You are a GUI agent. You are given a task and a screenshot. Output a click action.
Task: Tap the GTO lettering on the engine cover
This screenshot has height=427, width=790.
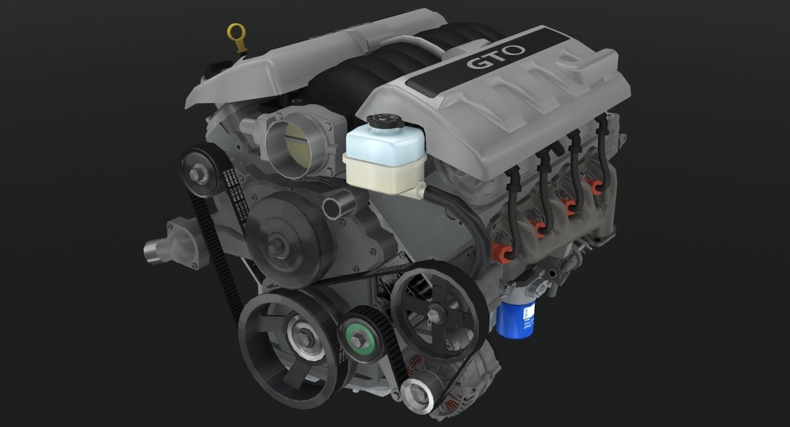(x=496, y=57)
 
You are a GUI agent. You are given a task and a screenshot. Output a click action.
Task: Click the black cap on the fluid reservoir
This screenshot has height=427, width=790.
(x=385, y=121)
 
